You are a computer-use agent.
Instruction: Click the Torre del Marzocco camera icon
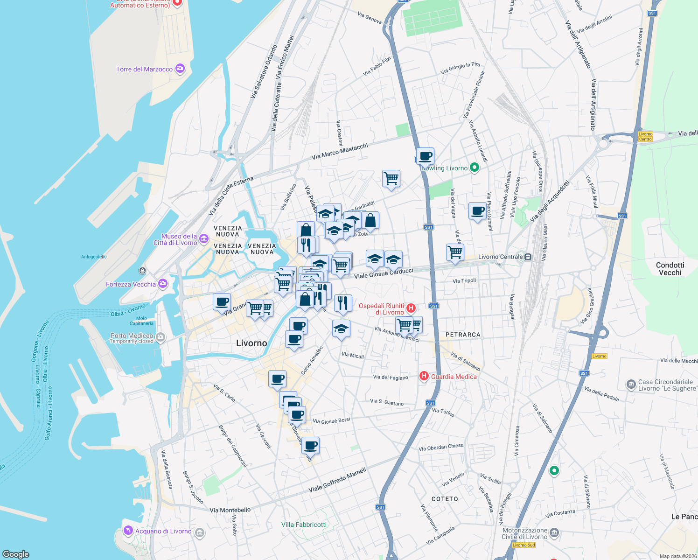pyautogui.click(x=180, y=69)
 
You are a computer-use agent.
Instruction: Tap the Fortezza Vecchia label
pyautogui.click(x=131, y=284)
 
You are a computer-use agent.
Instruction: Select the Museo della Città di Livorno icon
pyautogui.click(x=204, y=239)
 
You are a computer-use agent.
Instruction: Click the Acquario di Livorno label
pyautogui.click(x=163, y=531)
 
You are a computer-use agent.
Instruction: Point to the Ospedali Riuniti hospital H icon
pyautogui.click(x=411, y=308)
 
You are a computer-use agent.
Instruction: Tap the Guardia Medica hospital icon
pyautogui.click(x=424, y=376)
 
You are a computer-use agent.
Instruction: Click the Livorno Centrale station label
pyautogui.click(x=501, y=257)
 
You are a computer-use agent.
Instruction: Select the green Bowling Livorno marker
pyautogui.click(x=475, y=168)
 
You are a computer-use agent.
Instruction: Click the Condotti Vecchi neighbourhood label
pyautogui.click(x=670, y=269)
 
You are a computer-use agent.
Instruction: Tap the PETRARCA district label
pyautogui.click(x=463, y=335)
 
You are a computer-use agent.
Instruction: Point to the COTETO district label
pyautogui.click(x=445, y=499)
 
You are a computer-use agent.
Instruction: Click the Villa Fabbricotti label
pyautogui.click(x=304, y=525)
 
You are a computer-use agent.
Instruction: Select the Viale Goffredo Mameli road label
pyautogui.click(x=337, y=481)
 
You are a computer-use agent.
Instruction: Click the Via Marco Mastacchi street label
pyautogui.click(x=340, y=151)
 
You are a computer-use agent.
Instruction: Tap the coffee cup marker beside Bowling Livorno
pyautogui.click(x=426, y=156)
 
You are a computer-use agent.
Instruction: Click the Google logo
pyautogui.click(x=15, y=554)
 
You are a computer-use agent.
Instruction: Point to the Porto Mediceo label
pyautogui.click(x=132, y=336)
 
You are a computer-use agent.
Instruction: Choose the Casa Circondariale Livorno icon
pyautogui.click(x=631, y=385)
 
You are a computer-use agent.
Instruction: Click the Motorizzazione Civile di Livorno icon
pyautogui.click(x=554, y=533)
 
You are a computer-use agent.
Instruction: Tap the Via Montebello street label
pyautogui.click(x=230, y=510)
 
